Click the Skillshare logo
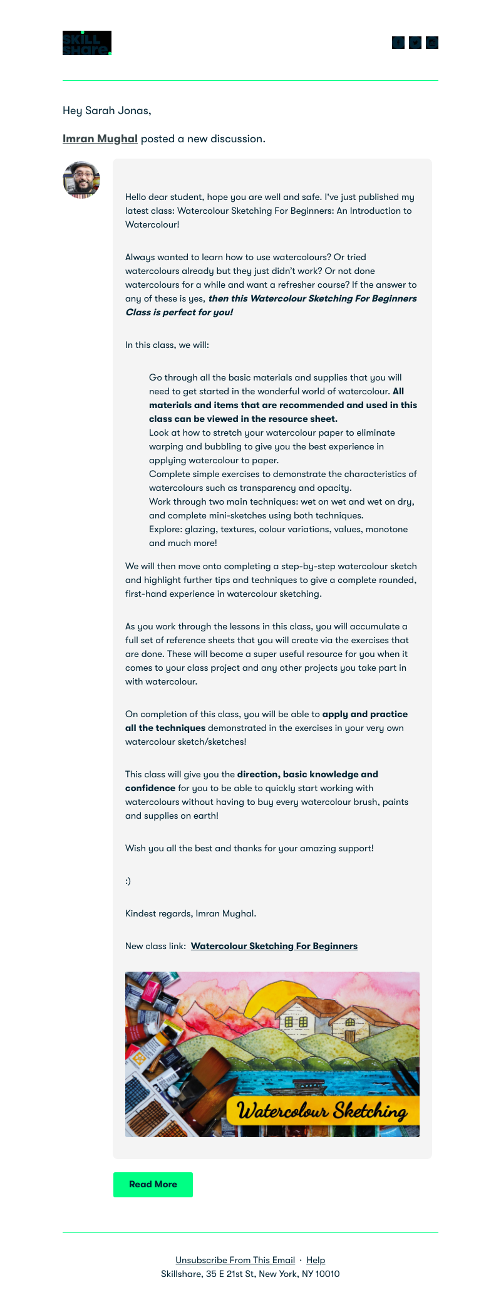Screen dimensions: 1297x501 coord(87,43)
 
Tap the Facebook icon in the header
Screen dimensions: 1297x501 coord(398,43)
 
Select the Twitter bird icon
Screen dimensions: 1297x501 coord(415,43)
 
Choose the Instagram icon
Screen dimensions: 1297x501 coord(432,43)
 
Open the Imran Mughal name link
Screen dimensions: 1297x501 coord(100,139)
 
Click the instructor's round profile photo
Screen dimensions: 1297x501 coord(81,180)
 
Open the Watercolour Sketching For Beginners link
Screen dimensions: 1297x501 coord(274,946)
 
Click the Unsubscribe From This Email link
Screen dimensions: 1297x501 coord(235,1260)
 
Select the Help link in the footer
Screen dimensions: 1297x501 coord(316,1260)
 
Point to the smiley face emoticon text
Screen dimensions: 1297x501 coord(128,881)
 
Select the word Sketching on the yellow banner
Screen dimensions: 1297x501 coord(369,1111)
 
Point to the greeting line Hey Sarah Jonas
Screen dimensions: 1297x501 coord(107,110)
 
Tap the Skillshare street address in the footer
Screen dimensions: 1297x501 coord(250,1274)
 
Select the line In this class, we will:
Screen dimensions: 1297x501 coord(167,345)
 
